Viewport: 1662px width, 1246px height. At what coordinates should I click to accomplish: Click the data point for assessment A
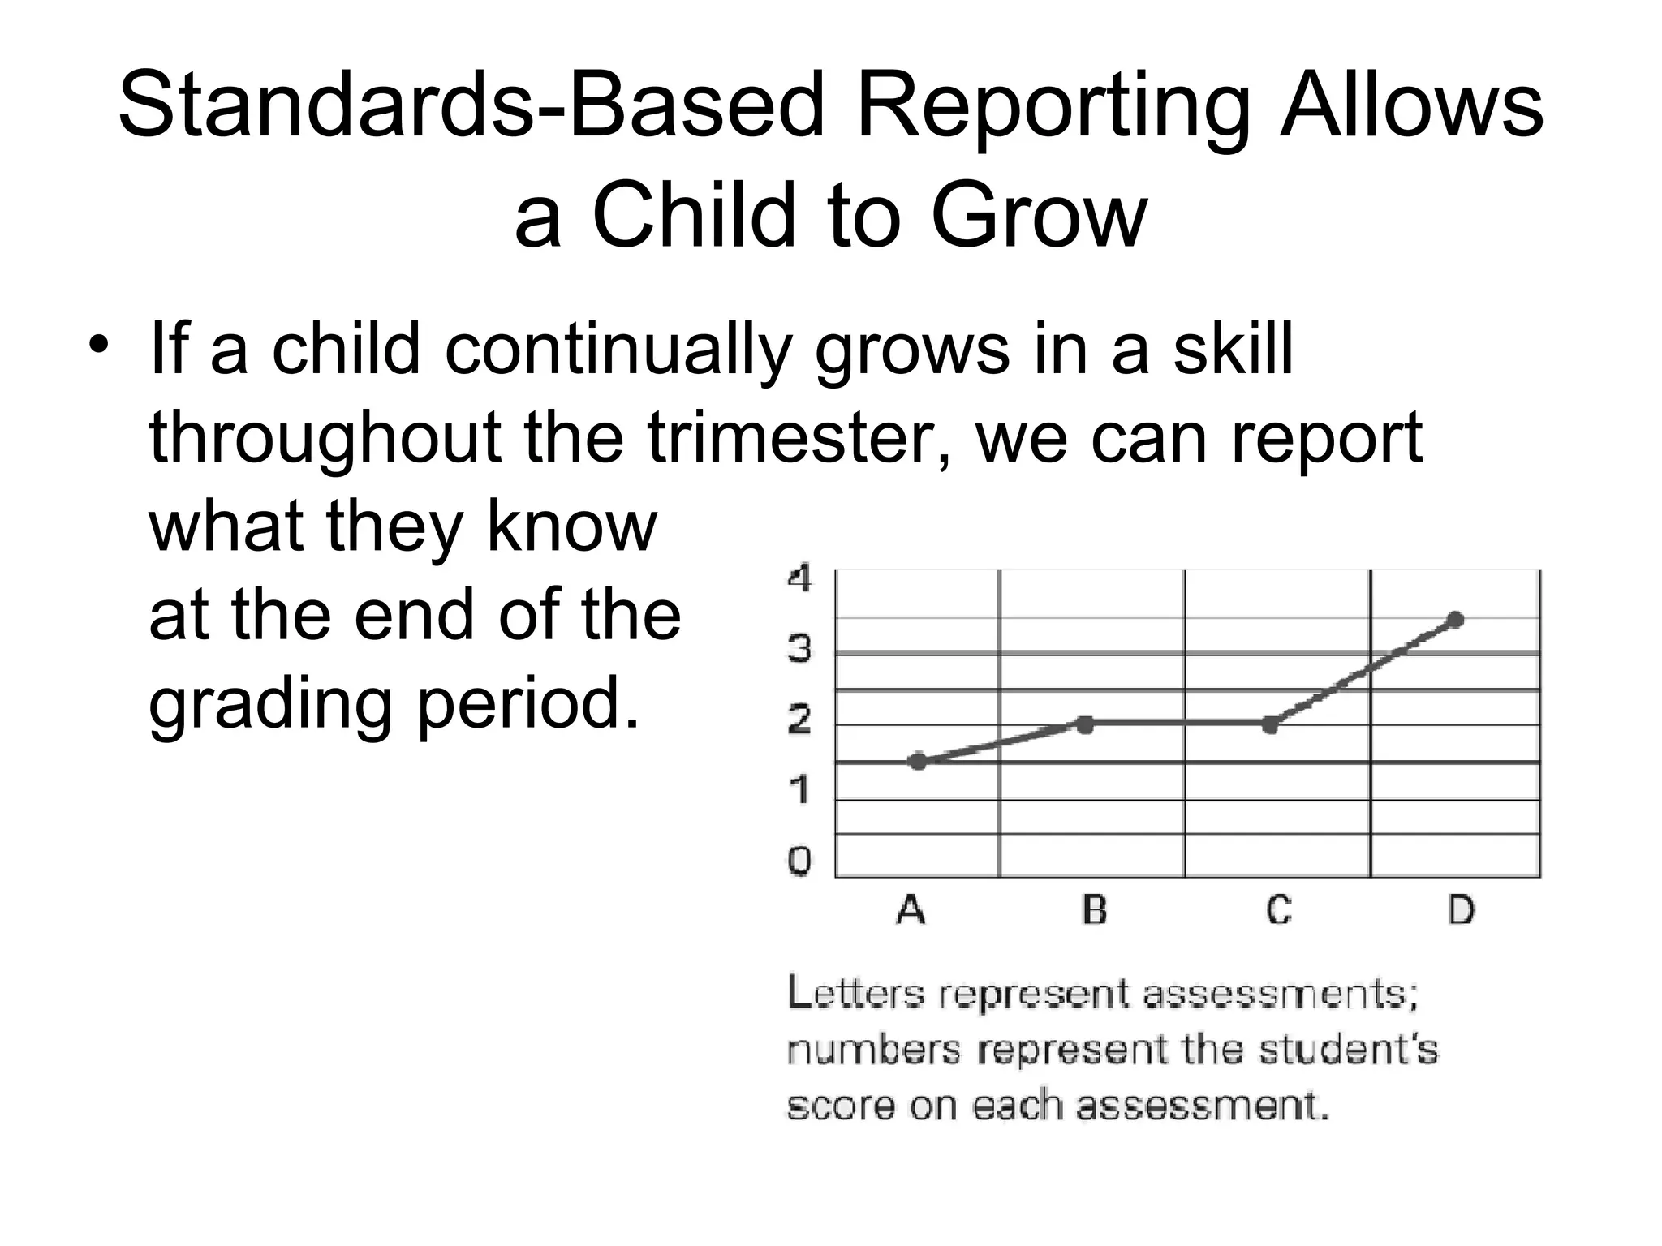(918, 761)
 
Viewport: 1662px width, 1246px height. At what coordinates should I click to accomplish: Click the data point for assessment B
(1085, 724)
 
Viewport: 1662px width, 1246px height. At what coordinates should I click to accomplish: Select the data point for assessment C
(1271, 725)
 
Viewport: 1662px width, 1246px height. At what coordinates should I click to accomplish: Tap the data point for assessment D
(1456, 620)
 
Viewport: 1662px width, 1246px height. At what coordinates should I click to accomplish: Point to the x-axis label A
(911, 910)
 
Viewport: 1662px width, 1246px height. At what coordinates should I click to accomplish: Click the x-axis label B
(1095, 910)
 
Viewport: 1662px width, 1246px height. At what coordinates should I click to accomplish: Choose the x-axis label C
(1279, 910)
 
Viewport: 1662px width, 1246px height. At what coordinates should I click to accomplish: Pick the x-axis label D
(1462, 910)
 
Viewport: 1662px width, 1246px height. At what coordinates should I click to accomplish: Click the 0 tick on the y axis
(799, 861)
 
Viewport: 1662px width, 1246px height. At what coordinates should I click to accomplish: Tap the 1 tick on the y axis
(799, 789)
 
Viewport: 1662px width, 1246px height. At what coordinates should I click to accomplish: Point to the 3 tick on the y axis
(799, 649)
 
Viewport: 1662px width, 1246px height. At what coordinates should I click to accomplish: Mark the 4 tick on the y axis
(799, 579)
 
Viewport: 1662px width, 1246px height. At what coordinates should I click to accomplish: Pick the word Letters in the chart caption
(855, 995)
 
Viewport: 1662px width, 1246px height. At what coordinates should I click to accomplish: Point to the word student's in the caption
(1348, 1051)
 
